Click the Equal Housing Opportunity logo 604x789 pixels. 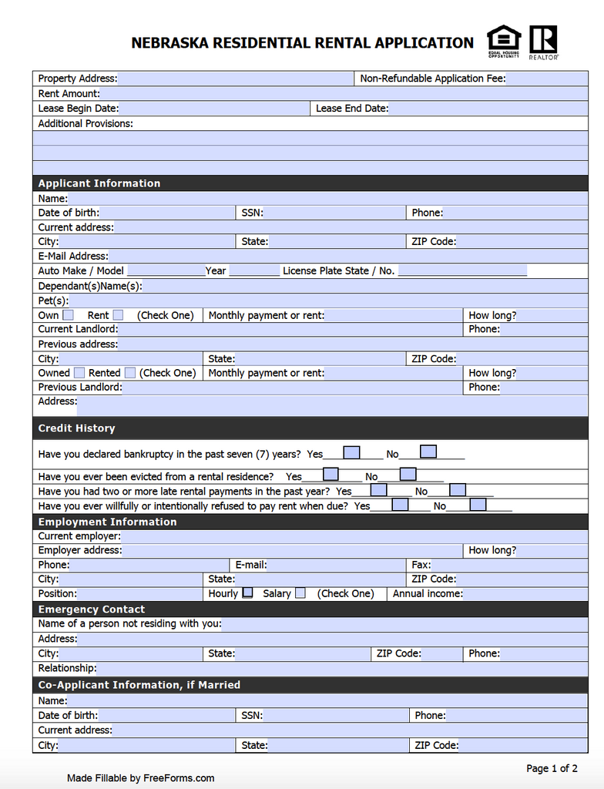coord(504,42)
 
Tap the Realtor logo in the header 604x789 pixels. coord(544,42)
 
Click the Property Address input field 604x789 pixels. coord(235,79)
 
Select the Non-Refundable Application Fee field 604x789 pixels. coord(546,79)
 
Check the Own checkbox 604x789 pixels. coord(69,315)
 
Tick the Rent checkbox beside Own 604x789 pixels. coord(118,315)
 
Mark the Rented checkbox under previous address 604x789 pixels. coord(130,373)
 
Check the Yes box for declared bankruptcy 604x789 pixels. coord(351,452)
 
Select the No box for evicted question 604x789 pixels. coord(408,475)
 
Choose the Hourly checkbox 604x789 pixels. coord(247,593)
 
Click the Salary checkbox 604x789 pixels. coord(300,593)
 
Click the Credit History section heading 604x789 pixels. coord(76,428)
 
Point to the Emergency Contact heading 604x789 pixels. coord(81,609)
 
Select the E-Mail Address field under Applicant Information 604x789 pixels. coord(347,257)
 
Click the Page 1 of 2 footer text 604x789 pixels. coord(552,768)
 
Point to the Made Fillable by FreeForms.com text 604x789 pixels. coord(140,778)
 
